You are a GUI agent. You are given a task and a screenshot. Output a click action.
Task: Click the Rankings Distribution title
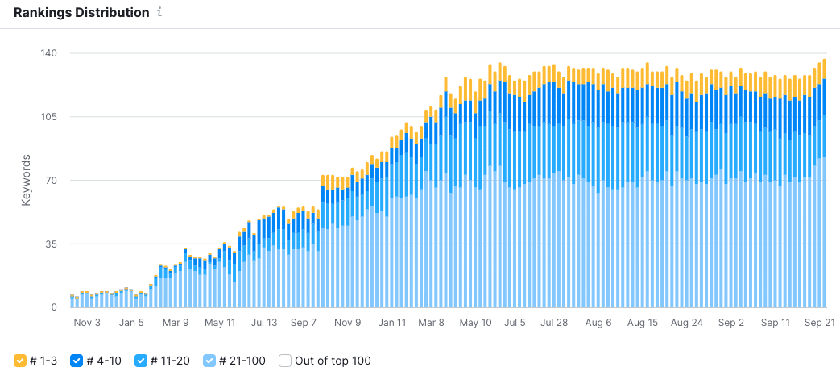[x=81, y=13]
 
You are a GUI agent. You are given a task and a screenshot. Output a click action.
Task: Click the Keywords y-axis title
[x=25, y=180]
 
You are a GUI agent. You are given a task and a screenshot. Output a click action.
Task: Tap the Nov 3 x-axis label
[x=87, y=323]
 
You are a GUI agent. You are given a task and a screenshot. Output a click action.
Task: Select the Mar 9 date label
[x=176, y=323]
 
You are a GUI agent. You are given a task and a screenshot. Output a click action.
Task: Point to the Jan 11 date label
[x=392, y=323]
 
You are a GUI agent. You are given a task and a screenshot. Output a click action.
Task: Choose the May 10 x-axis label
[x=475, y=323]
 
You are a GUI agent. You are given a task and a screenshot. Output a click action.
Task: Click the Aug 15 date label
[x=642, y=323]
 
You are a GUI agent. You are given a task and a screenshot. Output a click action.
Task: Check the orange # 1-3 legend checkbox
[x=20, y=361]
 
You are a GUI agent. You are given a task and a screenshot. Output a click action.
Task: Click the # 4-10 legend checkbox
[x=77, y=361]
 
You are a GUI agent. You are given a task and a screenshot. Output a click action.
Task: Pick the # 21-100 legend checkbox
[x=209, y=361]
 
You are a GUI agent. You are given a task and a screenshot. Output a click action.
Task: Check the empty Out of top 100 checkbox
[x=284, y=361]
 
